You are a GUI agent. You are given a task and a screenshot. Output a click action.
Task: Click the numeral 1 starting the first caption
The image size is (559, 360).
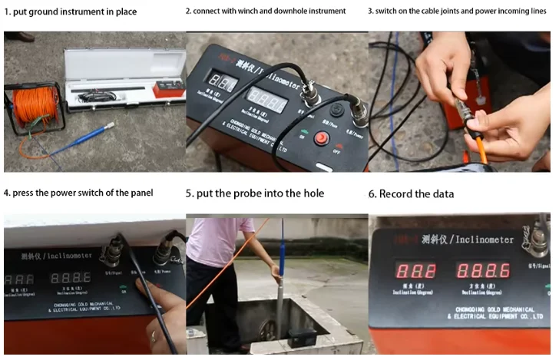tap(6, 12)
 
